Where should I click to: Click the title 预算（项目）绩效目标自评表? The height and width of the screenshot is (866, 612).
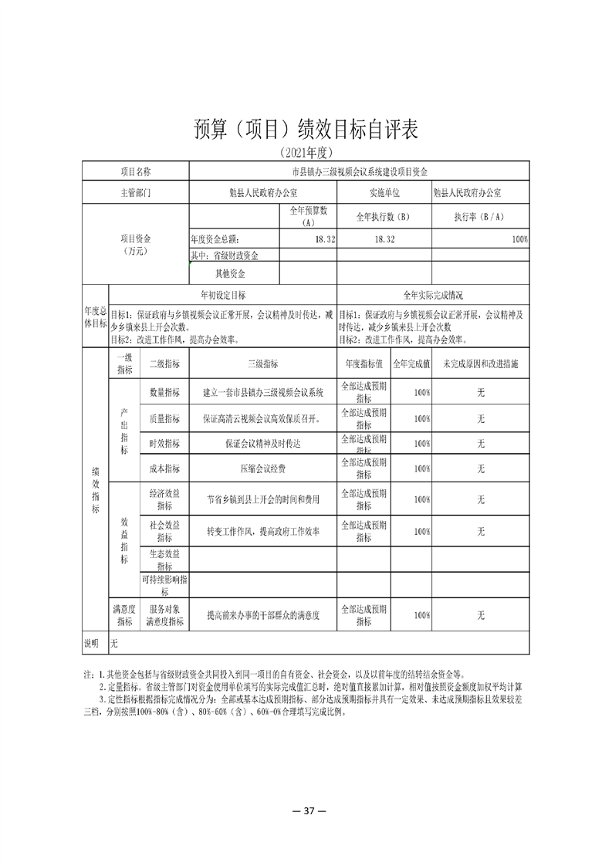coord(306,130)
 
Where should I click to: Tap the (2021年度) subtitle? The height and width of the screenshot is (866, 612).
coord(306,151)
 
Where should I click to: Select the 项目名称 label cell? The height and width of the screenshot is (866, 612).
coord(136,171)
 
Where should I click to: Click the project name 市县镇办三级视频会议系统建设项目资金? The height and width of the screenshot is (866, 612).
coord(359,171)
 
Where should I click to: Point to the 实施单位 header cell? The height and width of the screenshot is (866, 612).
coord(384,193)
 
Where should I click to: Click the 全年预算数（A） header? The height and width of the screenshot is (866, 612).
coord(309,216)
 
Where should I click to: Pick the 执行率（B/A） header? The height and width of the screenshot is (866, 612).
coord(480,217)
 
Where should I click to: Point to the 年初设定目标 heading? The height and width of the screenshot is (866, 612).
coord(223,296)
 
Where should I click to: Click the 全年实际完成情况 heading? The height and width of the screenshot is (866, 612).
coord(433,296)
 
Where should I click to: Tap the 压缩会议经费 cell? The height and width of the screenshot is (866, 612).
coord(262,468)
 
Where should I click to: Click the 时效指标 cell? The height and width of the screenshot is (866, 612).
coord(164,443)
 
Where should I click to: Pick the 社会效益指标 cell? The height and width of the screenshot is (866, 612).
coord(164,531)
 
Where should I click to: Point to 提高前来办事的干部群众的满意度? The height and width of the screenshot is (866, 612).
coord(262,616)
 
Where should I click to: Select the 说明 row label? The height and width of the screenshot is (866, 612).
coord(92,642)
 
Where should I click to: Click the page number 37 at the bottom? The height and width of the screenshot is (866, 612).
coord(306,810)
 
